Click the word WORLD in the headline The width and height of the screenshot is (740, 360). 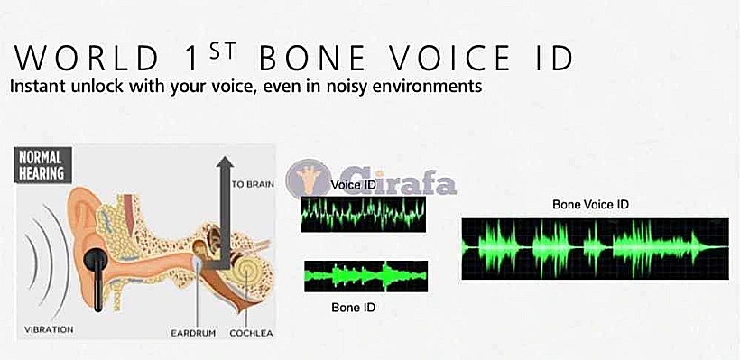87,59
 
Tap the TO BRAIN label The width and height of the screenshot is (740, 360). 253,184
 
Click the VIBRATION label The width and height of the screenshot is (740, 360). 49,329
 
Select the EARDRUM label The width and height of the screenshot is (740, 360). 193,333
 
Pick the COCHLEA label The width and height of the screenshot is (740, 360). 251,333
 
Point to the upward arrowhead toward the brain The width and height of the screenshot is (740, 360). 225,162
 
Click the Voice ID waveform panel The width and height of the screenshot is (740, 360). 364,214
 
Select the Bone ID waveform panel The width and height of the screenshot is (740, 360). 365,276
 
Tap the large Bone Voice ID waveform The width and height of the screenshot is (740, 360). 595,249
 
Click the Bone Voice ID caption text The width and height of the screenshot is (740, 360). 591,205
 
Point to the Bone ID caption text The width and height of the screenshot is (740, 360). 354,308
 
